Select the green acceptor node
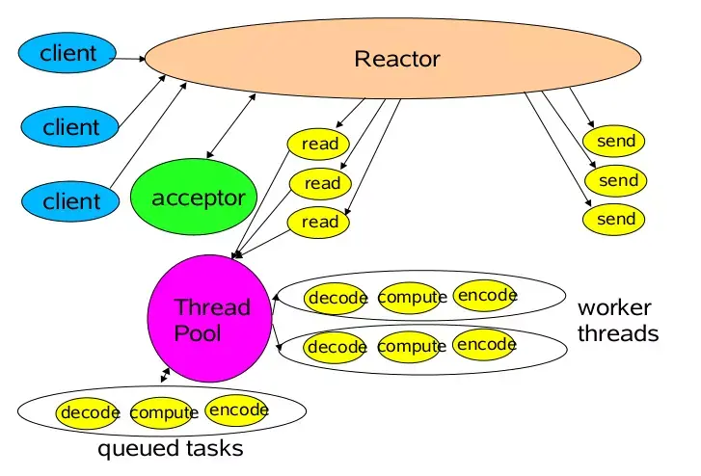point(196,198)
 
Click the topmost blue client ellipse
point(68,54)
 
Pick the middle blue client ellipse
point(70,126)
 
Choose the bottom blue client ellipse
point(70,200)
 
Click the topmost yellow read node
point(319,145)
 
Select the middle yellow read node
point(321,183)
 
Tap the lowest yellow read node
point(319,222)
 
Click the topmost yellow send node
point(615,142)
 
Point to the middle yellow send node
point(617,180)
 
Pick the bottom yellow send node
point(615,219)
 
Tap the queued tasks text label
point(171,449)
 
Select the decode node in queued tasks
point(89,412)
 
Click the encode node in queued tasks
point(237,410)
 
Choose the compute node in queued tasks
point(161,412)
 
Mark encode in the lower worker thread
point(485,344)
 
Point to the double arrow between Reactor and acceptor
point(230,125)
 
